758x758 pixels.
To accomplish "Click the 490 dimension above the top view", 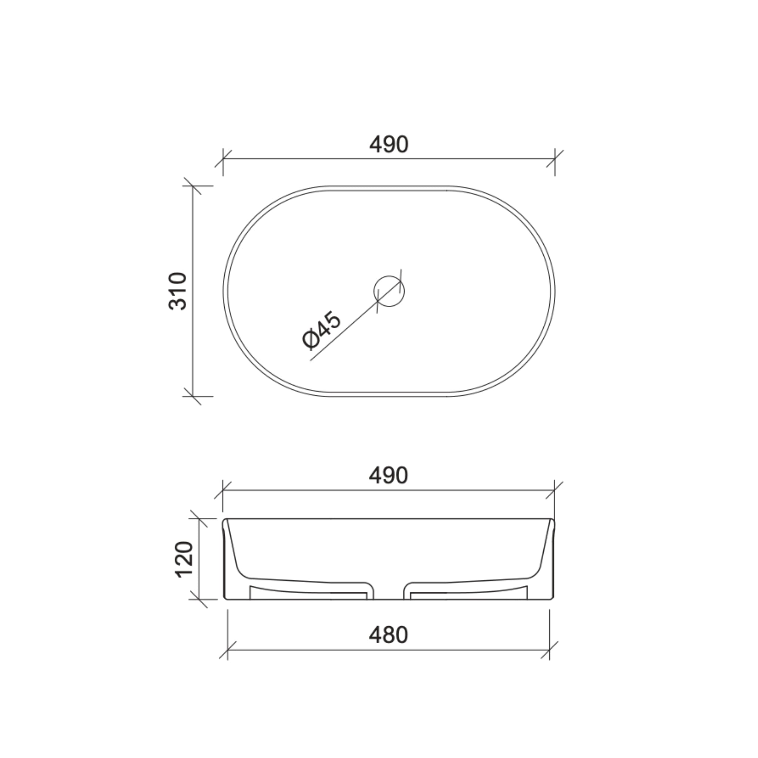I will click(x=388, y=144).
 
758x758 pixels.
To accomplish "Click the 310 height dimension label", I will click(x=177, y=291).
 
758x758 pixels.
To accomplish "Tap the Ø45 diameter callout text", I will click(x=322, y=330).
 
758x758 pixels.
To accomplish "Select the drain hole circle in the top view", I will click(x=388, y=291).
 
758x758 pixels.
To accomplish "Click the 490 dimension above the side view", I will click(x=388, y=476).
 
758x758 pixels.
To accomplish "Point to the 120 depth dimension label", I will click(x=184, y=559).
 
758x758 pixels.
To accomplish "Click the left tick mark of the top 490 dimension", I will click(x=223, y=158).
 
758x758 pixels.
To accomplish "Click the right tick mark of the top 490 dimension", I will click(x=555, y=158).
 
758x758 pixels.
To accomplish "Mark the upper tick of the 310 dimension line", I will click(x=192, y=186).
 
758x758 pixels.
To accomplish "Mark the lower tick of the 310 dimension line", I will click(x=192, y=396).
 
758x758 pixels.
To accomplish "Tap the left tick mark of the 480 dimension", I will click(x=228, y=650).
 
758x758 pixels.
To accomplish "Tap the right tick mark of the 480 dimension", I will click(x=549, y=650).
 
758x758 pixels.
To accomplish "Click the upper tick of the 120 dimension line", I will click(x=199, y=519).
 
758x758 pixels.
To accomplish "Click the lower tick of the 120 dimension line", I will click(x=199, y=599).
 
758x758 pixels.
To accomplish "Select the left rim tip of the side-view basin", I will click(x=225, y=520).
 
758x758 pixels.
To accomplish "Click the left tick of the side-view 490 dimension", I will click(x=223, y=490).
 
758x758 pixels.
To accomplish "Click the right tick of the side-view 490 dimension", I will click(x=554, y=490).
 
